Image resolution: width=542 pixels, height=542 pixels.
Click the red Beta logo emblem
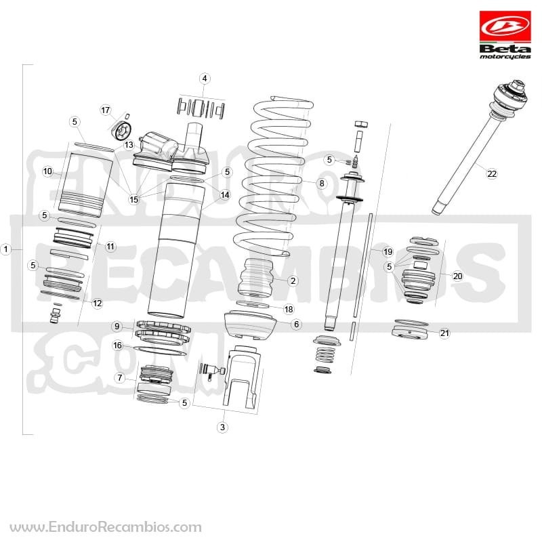(x=505, y=26)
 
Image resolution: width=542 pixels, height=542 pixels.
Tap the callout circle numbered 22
(x=492, y=173)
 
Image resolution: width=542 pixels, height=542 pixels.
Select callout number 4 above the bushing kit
(x=205, y=79)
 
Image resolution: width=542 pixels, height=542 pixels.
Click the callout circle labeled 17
(x=106, y=110)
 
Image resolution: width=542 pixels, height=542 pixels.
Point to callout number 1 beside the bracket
(x=6, y=249)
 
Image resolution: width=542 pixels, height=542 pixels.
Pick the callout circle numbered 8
(x=322, y=183)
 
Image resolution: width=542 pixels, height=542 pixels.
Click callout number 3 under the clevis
(x=222, y=427)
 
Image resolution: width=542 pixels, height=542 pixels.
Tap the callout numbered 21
(x=444, y=333)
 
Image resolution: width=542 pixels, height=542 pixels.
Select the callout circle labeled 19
(x=388, y=251)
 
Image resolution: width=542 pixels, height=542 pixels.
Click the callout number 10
(x=47, y=171)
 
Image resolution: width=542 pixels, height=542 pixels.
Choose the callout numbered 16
(x=117, y=346)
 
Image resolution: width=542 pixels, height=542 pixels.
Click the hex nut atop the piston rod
(x=361, y=124)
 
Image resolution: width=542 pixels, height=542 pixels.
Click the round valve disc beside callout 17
(x=123, y=131)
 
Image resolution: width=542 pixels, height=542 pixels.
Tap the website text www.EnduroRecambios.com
(x=106, y=527)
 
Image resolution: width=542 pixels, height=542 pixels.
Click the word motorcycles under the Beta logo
(x=505, y=56)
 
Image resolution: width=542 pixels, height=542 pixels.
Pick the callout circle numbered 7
(x=120, y=377)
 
